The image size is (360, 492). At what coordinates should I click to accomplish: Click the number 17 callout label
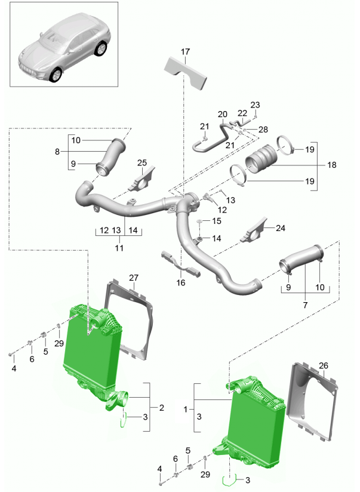point(184,51)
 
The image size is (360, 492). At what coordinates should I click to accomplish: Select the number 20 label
point(222,114)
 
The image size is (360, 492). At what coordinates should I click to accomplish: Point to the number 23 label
point(255,105)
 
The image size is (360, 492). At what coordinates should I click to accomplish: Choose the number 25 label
point(141,163)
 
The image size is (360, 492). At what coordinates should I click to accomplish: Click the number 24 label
point(280,227)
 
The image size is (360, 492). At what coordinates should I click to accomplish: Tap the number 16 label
point(181,282)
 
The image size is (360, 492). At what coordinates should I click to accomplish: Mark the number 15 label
point(216,221)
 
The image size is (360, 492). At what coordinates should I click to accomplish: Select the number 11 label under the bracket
point(119,247)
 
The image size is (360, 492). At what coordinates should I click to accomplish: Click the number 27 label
point(133,278)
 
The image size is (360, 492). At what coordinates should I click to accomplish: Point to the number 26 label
point(324,366)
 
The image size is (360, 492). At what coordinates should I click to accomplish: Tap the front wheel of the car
point(56,75)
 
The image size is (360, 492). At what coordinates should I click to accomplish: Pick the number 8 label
point(58,152)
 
